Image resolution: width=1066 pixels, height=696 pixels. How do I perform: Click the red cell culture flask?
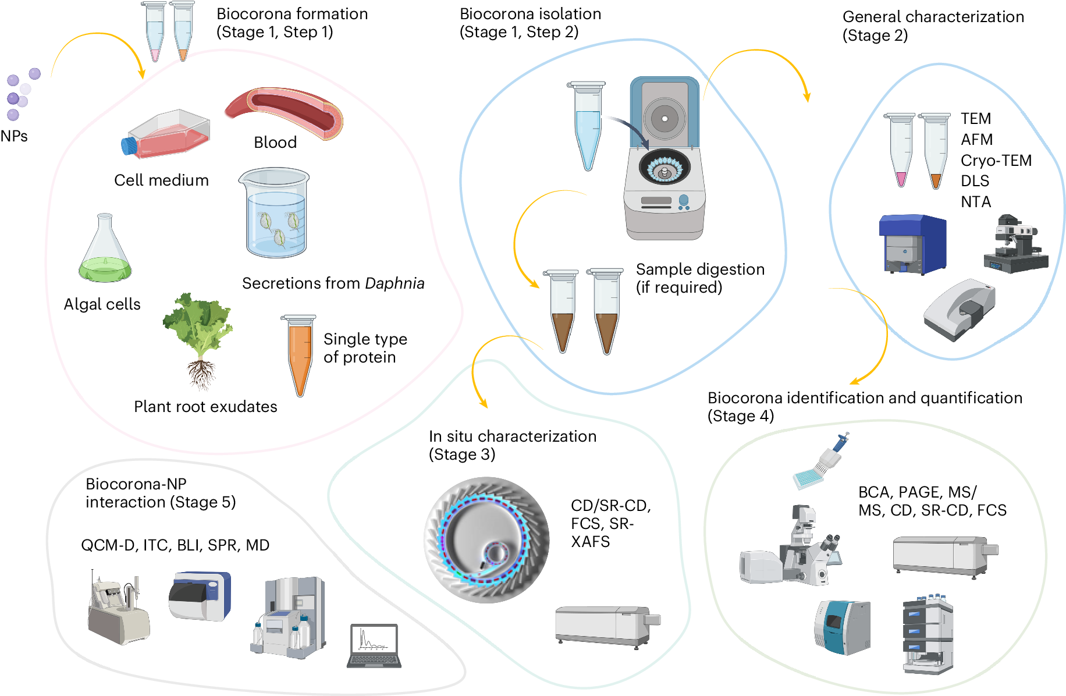tap(168, 135)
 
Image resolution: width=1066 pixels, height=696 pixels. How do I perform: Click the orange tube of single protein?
tap(299, 354)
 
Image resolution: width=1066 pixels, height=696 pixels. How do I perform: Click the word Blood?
tap(275, 143)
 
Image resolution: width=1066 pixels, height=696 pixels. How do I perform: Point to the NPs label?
tap(14, 136)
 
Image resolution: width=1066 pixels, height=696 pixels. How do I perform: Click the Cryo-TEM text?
tap(996, 161)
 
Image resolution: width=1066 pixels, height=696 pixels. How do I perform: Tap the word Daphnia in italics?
tap(395, 283)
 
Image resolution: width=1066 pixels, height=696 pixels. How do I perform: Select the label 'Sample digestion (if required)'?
tap(699, 278)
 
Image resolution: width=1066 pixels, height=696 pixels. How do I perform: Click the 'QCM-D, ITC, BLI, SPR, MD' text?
tap(175, 545)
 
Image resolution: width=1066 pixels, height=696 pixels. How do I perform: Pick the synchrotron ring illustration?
tap(486, 539)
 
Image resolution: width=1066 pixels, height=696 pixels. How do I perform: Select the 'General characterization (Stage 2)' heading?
tap(933, 26)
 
